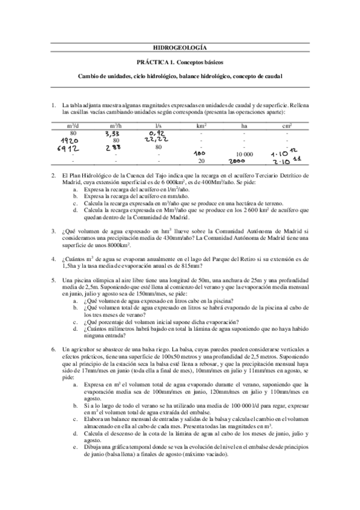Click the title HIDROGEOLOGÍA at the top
180,47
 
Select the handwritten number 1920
73,140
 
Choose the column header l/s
159,126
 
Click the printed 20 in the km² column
201,161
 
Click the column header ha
244,126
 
